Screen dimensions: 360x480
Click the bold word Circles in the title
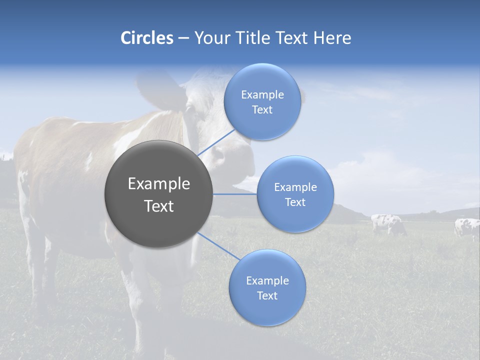click(x=147, y=38)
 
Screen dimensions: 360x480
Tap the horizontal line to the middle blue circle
click(x=234, y=194)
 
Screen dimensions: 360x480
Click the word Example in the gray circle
click(x=158, y=184)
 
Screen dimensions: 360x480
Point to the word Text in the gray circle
click(x=158, y=206)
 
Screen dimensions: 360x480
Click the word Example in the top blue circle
click(x=262, y=95)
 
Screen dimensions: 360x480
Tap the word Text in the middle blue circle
click(x=295, y=202)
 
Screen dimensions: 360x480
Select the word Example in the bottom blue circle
click(x=267, y=281)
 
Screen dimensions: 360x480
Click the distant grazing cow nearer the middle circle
click(x=387, y=223)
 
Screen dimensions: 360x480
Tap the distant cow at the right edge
click(x=467, y=228)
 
